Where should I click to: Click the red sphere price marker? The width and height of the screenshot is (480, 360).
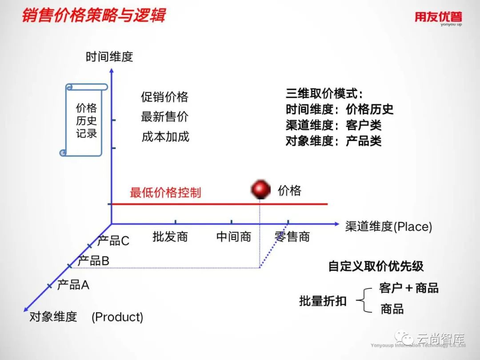[261, 189]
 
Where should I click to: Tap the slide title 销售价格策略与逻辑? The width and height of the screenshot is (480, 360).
[93, 15]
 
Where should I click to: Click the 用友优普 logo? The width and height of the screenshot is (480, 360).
[438, 18]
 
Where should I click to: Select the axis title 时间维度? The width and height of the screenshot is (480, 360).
[109, 57]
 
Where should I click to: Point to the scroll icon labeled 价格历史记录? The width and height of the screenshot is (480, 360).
[85, 120]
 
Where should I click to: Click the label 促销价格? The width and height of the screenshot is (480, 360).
[165, 97]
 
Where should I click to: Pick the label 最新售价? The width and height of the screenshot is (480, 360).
[165, 116]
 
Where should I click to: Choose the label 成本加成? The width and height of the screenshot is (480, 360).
[165, 136]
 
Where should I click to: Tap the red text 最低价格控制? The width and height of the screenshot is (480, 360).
[165, 192]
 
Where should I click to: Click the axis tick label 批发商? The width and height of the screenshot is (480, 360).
[170, 237]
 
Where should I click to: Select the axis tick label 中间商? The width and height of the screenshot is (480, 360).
[234, 237]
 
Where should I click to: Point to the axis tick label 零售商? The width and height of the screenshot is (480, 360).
[292, 237]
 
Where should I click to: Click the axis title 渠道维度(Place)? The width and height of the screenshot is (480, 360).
[388, 227]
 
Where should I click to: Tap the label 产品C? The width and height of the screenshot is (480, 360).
[113, 241]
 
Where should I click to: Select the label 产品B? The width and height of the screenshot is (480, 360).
[93, 261]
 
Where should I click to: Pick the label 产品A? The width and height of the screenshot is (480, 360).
[73, 285]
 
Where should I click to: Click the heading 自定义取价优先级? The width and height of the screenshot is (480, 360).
[376, 266]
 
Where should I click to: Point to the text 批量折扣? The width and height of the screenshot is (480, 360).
[323, 301]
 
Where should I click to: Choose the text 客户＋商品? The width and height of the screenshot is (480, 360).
[409, 288]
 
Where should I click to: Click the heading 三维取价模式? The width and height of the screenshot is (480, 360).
[324, 94]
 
